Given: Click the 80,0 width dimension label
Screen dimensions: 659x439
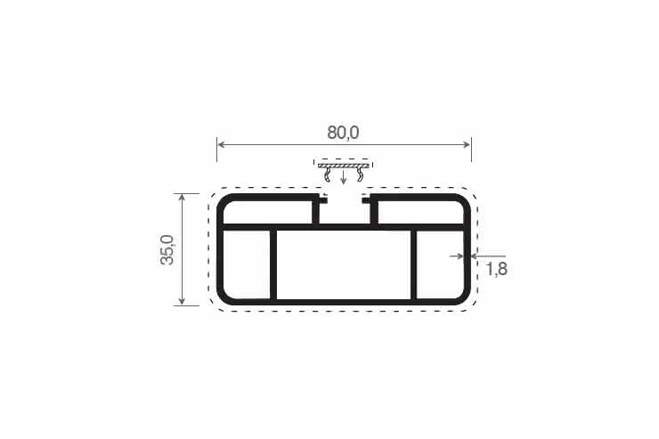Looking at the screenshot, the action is [x=343, y=133].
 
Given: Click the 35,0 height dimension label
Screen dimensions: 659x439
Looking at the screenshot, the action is [x=167, y=249].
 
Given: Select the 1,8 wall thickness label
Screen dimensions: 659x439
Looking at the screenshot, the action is [x=497, y=269].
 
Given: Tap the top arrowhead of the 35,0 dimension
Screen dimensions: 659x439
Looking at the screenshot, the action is [x=182, y=199].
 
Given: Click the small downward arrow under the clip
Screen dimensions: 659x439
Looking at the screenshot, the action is [x=344, y=177].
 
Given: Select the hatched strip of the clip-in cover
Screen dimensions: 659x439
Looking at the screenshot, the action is [x=344, y=166].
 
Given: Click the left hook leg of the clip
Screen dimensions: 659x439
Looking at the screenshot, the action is [x=327, y=175].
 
